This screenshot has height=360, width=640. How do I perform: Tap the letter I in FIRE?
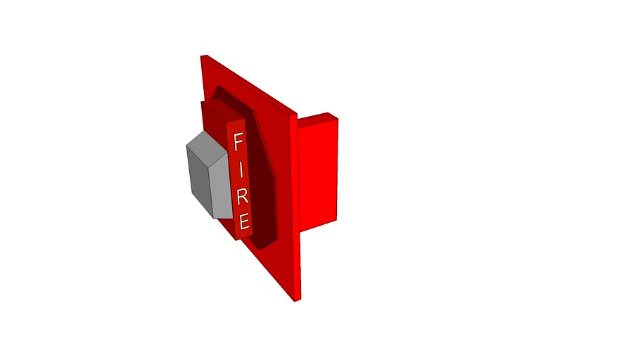(241, 169)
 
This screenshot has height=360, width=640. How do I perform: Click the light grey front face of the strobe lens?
(220, 180)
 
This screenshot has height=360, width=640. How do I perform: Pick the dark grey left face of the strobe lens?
(198, 177)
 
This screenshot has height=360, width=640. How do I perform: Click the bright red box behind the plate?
(318, 176)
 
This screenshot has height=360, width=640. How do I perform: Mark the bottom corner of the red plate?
(296, 302)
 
